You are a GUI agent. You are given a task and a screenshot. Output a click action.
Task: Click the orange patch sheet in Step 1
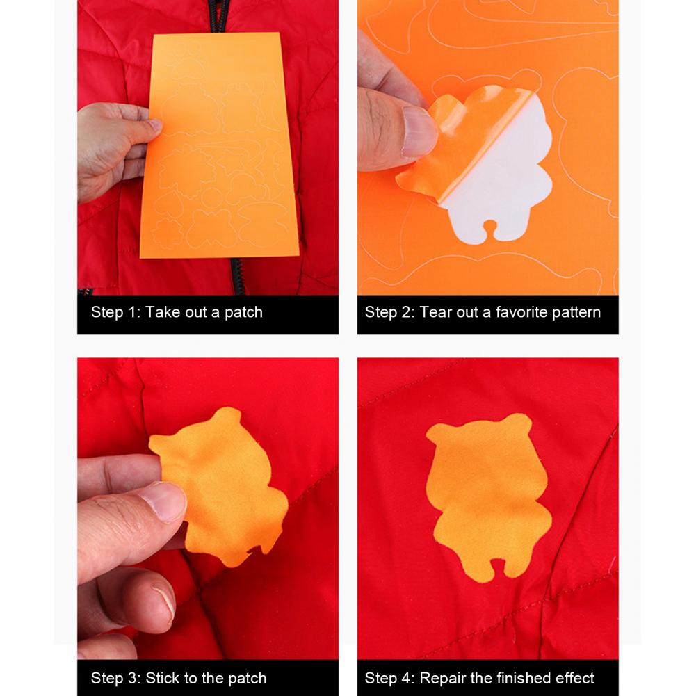(219, 145)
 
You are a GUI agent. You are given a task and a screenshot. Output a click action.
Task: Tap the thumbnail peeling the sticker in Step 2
(418, 132)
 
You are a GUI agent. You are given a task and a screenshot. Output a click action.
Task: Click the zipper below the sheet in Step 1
(237, 276)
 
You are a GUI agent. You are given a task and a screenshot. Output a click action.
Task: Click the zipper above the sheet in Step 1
(220, 16)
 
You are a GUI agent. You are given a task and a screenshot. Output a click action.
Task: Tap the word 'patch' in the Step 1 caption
(243, 312)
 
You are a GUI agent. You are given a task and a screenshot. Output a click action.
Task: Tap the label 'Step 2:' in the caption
(390, 312)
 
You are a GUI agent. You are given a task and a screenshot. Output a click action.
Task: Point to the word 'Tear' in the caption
(435, 312)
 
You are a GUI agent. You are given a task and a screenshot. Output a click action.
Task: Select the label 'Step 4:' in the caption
(390, 678)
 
